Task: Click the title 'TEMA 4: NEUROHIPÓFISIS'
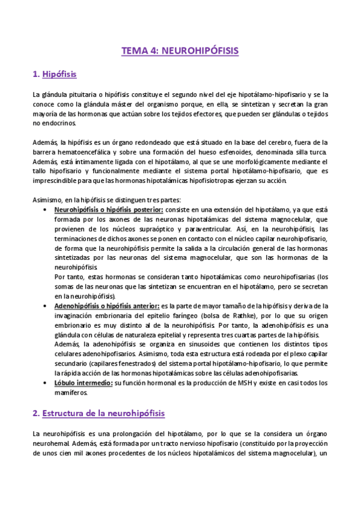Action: pos(180,51)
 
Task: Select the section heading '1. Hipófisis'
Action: pos(55,75)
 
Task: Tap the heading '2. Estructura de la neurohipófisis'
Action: pos(99,413)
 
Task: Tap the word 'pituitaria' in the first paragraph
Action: pos(76,94)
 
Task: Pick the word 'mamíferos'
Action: pos(71,393)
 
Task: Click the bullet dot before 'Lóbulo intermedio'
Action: pos(47,383)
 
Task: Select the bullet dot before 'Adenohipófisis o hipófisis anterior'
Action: pos(47,306)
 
